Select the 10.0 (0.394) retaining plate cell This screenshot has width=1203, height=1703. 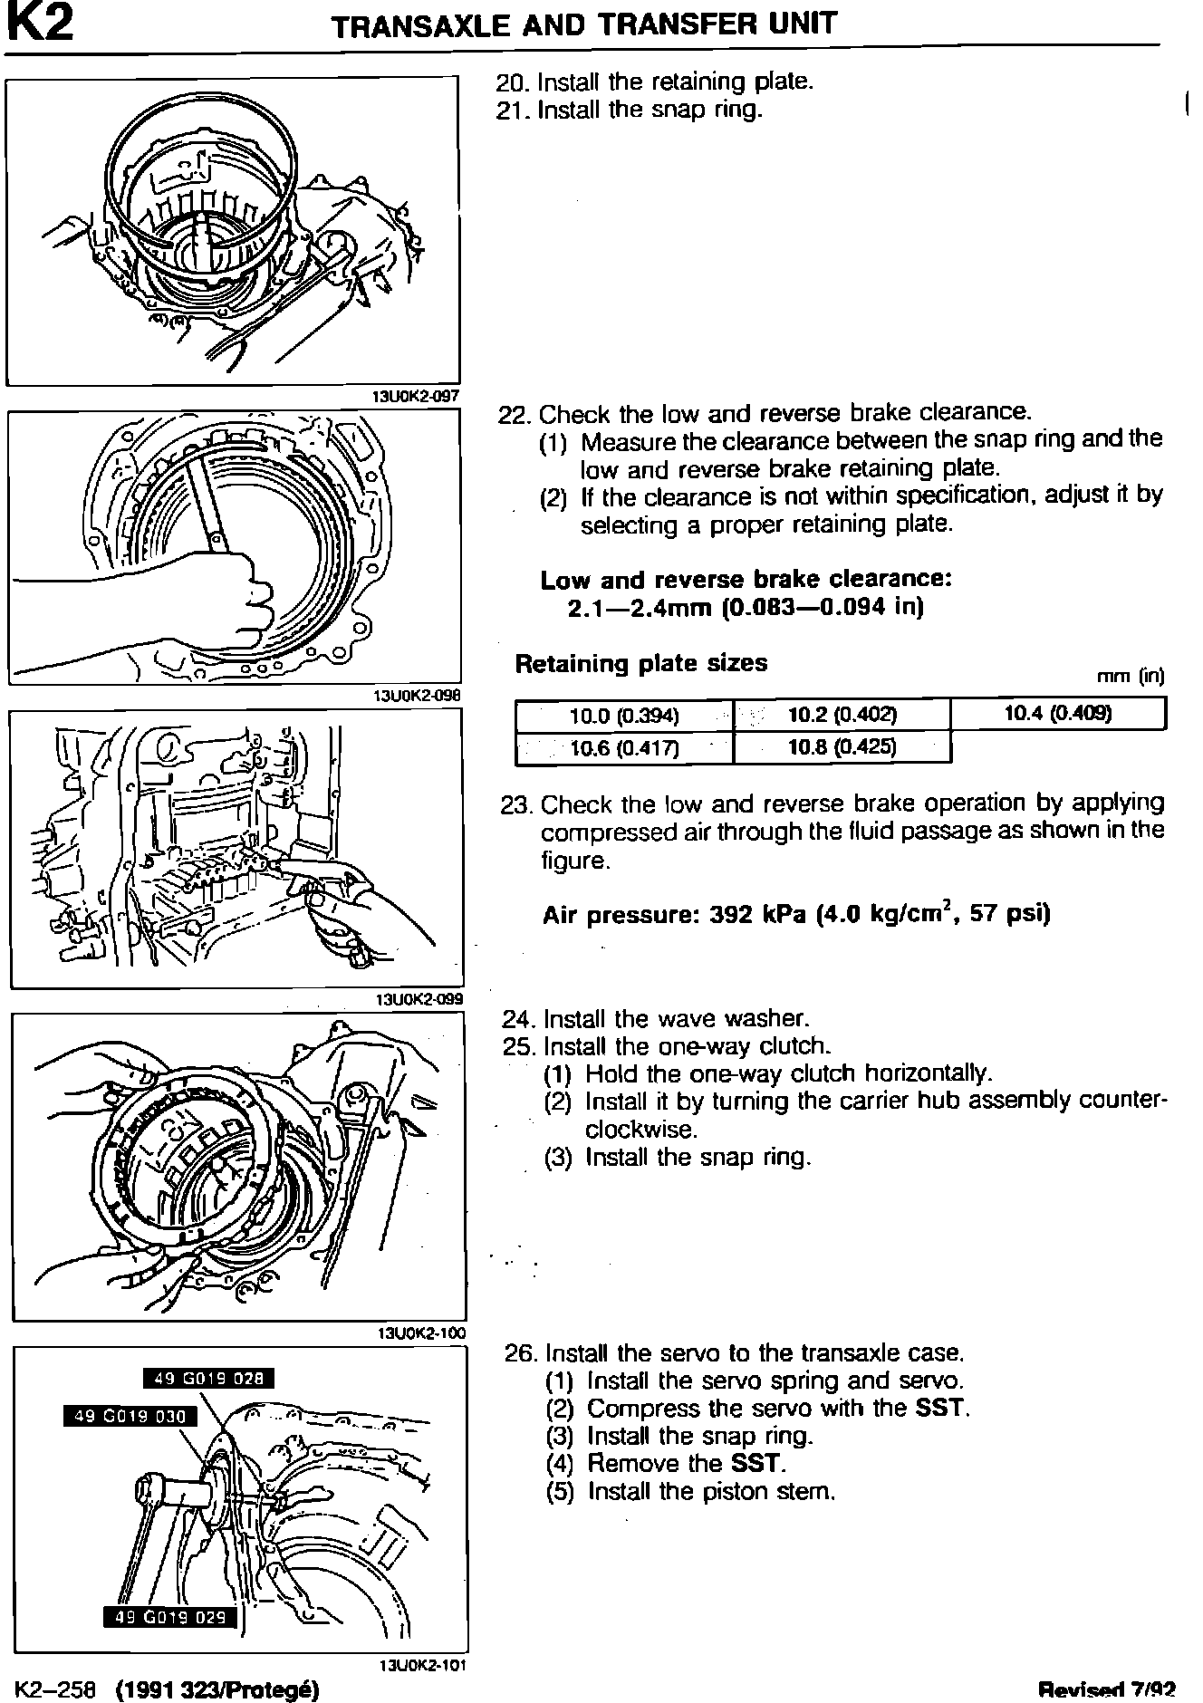coord(624,716)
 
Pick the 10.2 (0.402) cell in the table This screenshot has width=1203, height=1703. coord(842,715)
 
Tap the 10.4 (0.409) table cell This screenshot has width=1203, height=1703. coord(1058,714)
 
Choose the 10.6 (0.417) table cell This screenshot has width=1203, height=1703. coord(624,748)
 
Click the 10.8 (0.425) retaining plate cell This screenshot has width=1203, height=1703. coord(842,747)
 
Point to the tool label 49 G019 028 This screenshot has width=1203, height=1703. coord(208,1379)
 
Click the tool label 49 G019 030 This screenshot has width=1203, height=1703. coord(130,1417)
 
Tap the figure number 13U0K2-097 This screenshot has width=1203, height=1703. coord(416,396)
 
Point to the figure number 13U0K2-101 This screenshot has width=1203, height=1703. coord(421,1665)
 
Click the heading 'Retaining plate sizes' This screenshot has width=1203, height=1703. coord(640,664)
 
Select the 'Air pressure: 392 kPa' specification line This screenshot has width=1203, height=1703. coord(796,914)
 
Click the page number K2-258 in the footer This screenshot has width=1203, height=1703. coord(55,1690)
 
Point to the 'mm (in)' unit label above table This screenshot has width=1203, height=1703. coord(1130,677)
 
